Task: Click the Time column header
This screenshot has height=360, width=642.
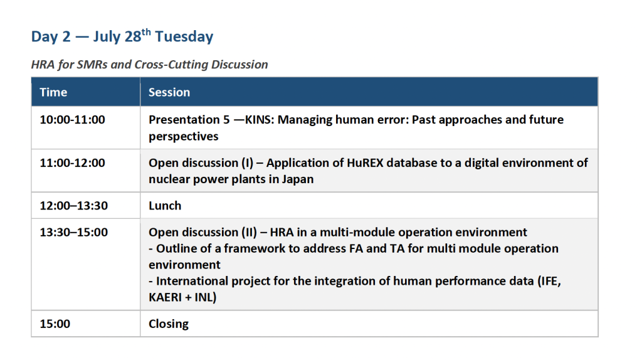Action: (x=53, y=92)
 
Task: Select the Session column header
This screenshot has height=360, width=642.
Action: (x=169, y=92)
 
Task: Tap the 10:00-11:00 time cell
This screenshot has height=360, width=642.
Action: (x=73, y=120)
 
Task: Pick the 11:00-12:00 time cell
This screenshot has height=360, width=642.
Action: (x=73, y=162)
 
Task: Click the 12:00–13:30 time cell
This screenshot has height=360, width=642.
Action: (x=74, y=205)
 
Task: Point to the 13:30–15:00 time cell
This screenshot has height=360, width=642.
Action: (x=74, y=232)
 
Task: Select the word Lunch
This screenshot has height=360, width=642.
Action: (x=165, y=205)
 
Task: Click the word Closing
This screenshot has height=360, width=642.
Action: (x=169, y=324)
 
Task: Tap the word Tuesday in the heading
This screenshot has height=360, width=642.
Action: (x=184, y=36)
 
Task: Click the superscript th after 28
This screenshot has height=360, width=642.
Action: (x=146, y=31)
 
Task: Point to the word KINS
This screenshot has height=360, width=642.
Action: (x=260, y=120)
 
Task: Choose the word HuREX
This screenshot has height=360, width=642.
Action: (x=365, y=162)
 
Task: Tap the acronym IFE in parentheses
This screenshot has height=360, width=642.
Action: (x=549, y=281)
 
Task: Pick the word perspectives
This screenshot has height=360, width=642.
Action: (x=184, y=136)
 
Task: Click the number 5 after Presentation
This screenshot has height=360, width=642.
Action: (x=226, y=120)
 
